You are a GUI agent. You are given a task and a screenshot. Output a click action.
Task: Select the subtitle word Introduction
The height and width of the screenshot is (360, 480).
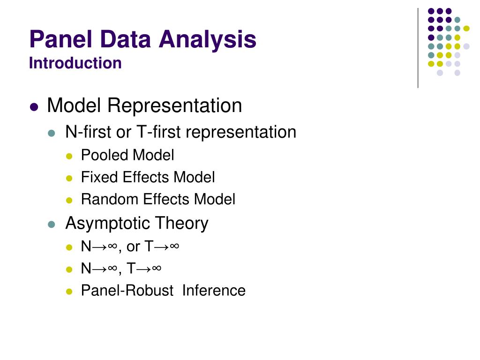pyautogui.click(x=75, y=63)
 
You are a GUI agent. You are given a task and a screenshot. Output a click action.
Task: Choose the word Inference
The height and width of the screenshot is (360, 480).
pyautogui.click(x=214, y=291)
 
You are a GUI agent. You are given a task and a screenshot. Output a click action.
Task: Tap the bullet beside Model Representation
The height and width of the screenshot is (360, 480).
pyautogui.click(x=33, y=107)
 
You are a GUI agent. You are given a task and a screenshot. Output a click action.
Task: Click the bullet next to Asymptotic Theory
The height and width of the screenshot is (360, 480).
pyautogui.click(x=52, y=225)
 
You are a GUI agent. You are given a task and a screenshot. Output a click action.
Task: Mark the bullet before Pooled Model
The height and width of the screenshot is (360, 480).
pyautogui.click(x=69, y=156)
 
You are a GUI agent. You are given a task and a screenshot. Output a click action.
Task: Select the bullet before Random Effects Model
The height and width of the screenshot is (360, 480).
pyautogui.click(x=69, y=200)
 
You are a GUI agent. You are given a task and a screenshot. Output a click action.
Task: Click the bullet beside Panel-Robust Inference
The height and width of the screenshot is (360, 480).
pyautogui.click(x=69, y=292)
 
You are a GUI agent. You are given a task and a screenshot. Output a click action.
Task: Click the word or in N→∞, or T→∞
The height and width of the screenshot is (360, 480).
pyautogui.click(x=133, y=247)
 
